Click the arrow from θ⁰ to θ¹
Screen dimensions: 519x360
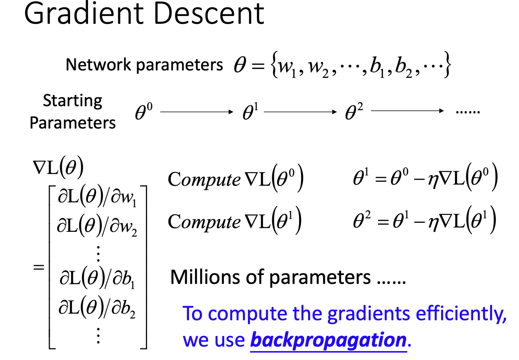(x=197, y=112)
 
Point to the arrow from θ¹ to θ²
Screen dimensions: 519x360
(x=300, y=112)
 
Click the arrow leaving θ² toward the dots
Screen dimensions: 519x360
(x=407, y=111)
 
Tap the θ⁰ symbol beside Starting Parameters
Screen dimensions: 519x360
(x=143, y=111)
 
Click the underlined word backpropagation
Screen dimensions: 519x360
(x=328, y=340)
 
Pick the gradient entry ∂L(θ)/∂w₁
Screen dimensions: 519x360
(x=97, y=197)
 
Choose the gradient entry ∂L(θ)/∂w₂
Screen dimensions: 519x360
(x=97, y=226)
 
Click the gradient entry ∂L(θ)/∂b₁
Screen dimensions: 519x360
(x=97, y=278)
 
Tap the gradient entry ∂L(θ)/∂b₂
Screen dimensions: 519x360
(x=97, y=308)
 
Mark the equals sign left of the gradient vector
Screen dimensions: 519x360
(x=39, y=267)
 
